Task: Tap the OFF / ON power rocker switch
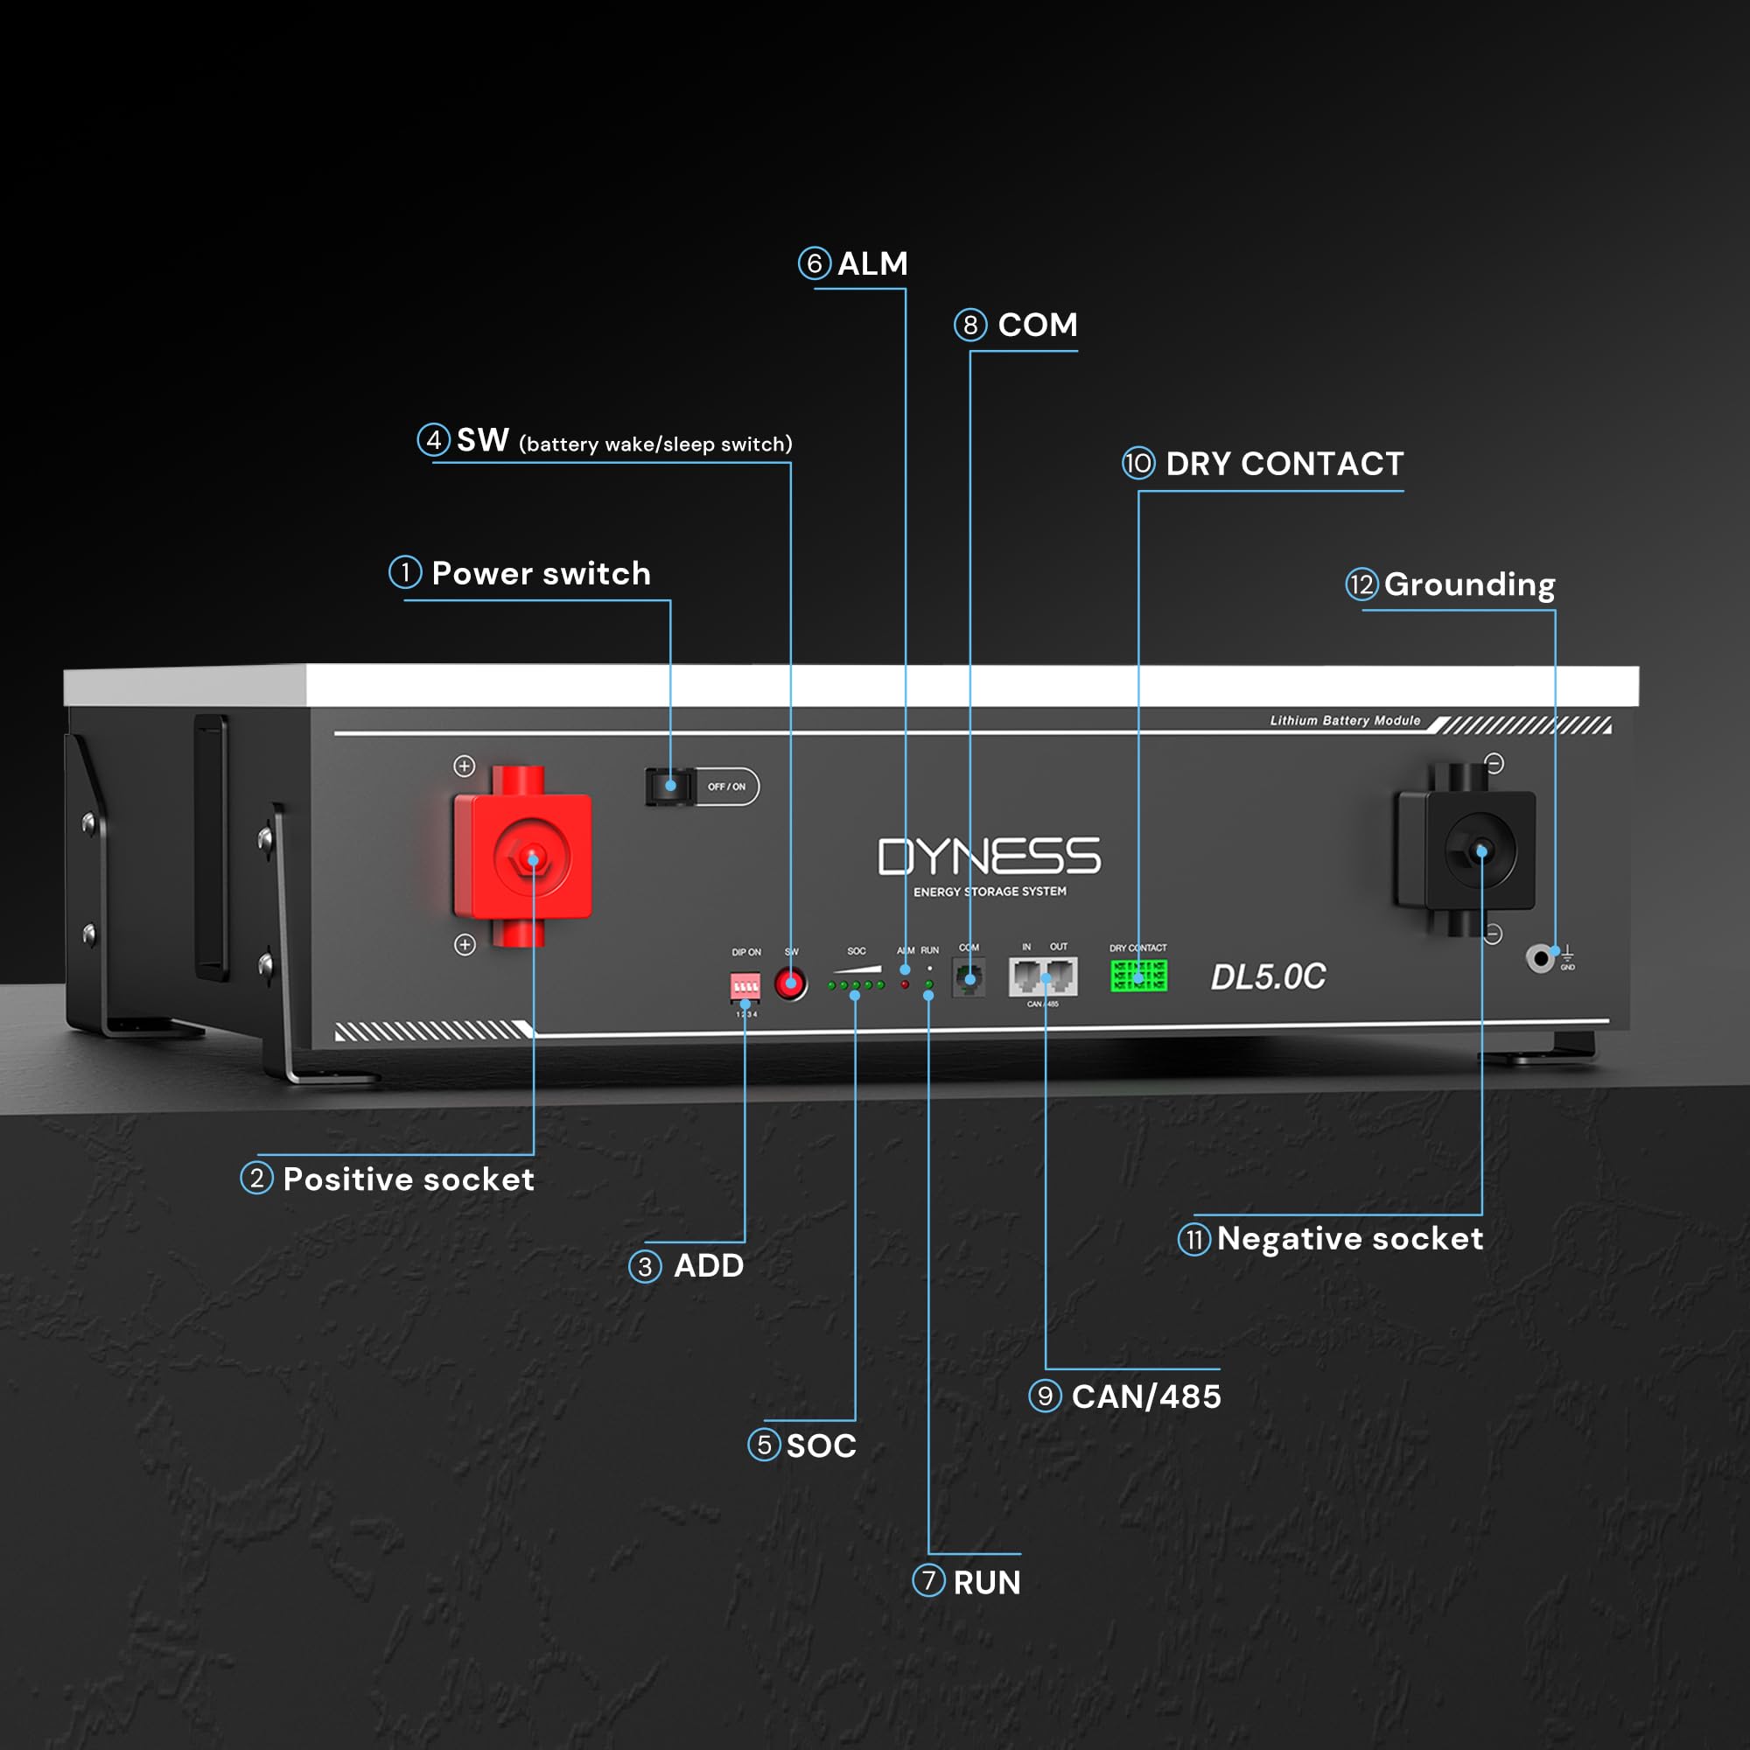[x=670, y=787]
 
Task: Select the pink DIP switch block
[x=745, y=985]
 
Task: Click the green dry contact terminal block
[x=1138, y=976]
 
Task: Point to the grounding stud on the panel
[x=1540, y=957]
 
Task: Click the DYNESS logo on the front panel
[x=989, y=856]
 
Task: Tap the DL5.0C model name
[x=1268, y=976]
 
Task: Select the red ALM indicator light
[x=905, y=983]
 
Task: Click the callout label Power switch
[x=541, y=573]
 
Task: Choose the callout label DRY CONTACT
[x=1284, y=464]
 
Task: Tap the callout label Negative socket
[x=1349, y=1238]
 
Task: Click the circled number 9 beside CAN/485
[x=1045, y=1396]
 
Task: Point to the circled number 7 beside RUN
[x=928, y=1580]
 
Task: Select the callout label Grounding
[x=1469, y=584]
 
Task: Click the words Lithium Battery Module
[x=1345, y=720]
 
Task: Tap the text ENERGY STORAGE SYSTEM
[x=989, y=892]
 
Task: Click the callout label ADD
[x=709, y=1265]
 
